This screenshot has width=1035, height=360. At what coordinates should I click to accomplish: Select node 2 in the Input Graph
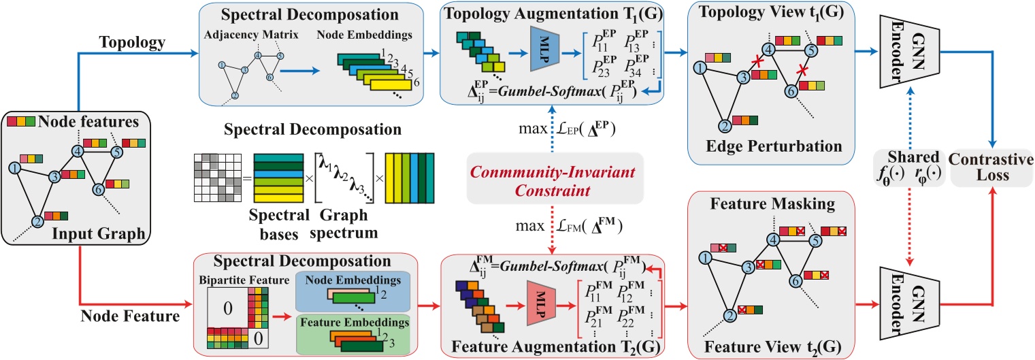tap(39, 220)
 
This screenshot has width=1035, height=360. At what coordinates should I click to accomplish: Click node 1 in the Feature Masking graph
tap(706, 257)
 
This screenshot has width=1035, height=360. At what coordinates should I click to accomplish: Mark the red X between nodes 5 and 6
tap(803, 70)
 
